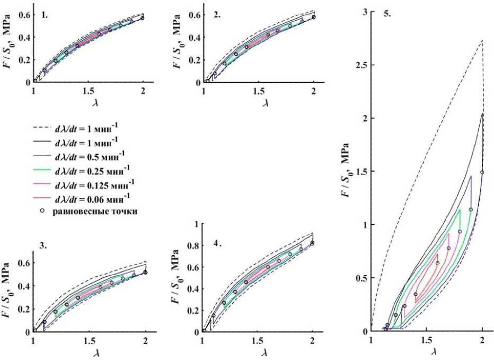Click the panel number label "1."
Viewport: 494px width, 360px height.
45,15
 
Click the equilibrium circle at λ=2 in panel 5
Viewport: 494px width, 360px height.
482,172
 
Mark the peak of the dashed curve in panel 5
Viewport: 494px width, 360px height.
482,40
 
